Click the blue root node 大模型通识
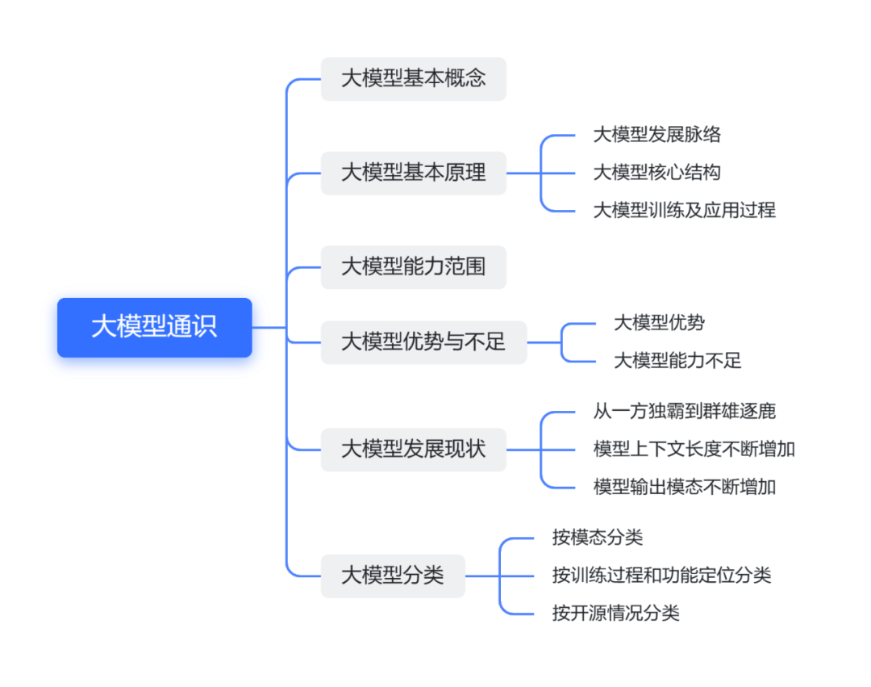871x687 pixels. [x=154, y=327]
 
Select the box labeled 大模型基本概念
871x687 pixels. [x=413, y=79]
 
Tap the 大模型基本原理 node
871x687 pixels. [x=413, y=173]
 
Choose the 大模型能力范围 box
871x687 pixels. [x=413, y=267]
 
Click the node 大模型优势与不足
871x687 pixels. [x=423, y=342]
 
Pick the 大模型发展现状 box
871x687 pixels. [x=413, y=450]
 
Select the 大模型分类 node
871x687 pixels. [x=393, y=576]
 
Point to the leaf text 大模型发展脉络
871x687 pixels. [x=656, y=135]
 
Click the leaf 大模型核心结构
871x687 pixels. [x=656, y=173]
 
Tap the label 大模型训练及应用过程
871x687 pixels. [x=684, y=211]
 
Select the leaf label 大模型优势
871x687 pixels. [x=659, y=323]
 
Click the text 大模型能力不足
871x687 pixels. [x=677, y=361]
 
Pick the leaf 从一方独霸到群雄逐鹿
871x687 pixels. [x=684, y=411]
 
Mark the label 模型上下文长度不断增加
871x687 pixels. [x=694, y=450]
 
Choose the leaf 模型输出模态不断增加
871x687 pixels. [x=684, y=487]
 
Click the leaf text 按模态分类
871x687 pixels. [x=597, y=538]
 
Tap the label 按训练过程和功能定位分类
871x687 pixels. [x=661, y=576]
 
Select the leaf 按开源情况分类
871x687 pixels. [x=615, y=614]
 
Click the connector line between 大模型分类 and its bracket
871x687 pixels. [x=482, y=576]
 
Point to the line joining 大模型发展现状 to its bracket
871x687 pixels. [x=523, y=450]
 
